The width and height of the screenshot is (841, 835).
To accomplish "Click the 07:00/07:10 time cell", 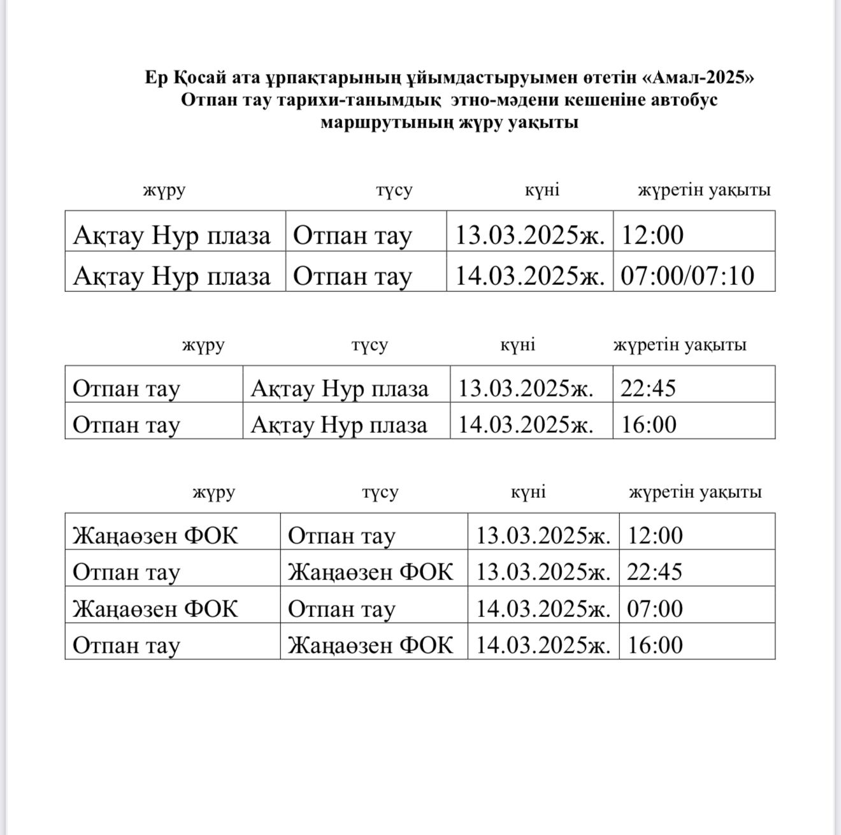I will pos(687,275).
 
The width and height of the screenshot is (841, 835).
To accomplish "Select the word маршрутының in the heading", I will pos(387,122).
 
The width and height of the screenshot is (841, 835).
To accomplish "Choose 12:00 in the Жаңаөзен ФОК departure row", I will pos(655,535).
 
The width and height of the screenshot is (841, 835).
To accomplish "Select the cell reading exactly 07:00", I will pos(655,608).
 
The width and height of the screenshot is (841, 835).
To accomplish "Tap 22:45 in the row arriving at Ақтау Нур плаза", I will pos(648,388).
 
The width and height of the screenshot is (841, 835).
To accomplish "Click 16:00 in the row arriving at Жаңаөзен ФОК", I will pos(655,645).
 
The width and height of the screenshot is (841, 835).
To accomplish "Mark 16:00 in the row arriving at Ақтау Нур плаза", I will pos(649,425).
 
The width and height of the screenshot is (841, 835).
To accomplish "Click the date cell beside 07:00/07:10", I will pos(529,275).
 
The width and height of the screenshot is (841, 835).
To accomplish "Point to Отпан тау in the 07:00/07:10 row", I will pos(352,275).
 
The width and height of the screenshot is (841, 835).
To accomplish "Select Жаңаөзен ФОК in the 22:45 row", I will pos(370,572).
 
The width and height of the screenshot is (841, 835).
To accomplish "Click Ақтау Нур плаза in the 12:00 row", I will pos(172,235).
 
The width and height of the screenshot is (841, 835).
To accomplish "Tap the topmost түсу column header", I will pos(394,190).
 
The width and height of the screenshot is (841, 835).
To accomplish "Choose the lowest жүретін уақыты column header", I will pos(695,492).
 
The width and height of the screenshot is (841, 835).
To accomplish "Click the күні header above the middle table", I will pos(517,345).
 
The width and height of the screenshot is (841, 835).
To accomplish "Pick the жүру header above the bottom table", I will pos(214,492).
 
